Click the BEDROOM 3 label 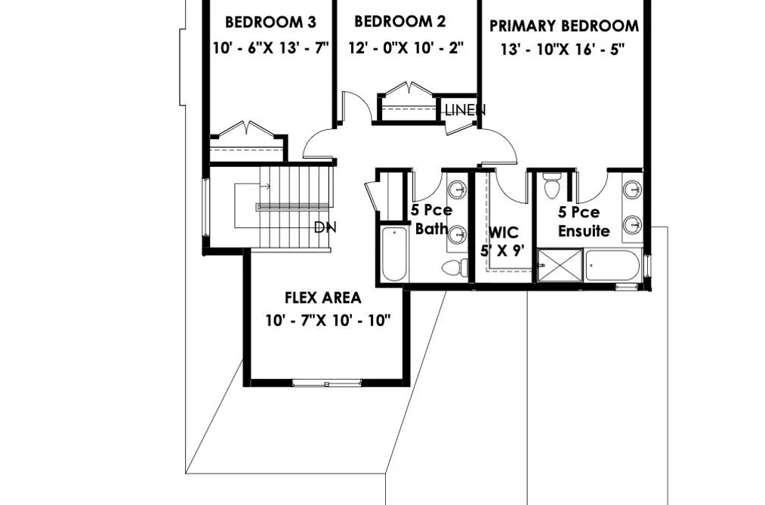(270, 23)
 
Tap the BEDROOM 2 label (399, 21)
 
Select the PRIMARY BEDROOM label (564, 26)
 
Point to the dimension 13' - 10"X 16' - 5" (563, 49)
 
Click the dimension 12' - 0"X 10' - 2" (406, 48)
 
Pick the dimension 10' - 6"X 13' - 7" (271, 48)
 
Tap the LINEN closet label (465, 110)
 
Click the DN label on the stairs (325, 227)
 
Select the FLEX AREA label (323, 297)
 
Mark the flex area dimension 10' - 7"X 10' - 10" (329, 321)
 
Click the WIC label (504, 232)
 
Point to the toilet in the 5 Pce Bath (455, 267)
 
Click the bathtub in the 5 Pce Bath (394, 254)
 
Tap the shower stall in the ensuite (560, 265)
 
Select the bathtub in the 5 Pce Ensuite (612, 265)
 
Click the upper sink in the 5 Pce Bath (457, 189)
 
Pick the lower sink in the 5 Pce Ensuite (633, 225)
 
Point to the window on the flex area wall (327, 383)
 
